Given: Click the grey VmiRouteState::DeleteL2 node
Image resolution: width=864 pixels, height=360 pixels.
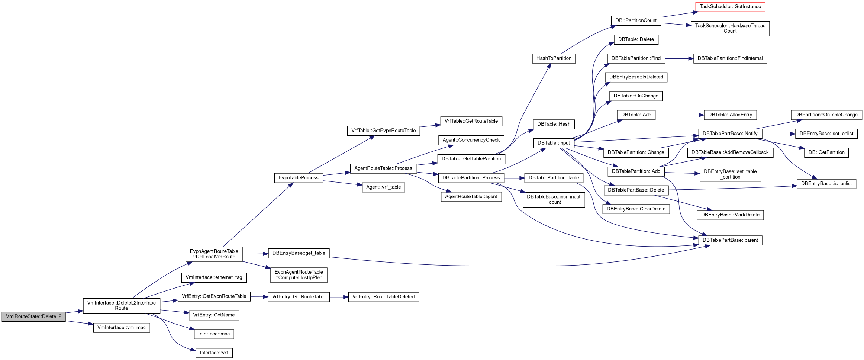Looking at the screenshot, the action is click(33, 316).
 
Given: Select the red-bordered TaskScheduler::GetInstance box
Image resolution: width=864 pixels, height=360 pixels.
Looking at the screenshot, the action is click(730, 7).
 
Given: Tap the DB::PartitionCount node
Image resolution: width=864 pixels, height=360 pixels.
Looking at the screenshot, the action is click(636, 20).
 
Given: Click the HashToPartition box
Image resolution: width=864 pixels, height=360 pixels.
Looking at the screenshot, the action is click(554, 58).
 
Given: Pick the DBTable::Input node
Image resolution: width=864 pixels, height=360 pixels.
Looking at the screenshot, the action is click(554, 143).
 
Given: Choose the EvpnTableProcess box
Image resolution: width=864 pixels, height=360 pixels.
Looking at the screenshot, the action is click(299, 178).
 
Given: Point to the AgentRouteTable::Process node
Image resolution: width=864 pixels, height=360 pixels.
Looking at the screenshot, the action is click(383, 168).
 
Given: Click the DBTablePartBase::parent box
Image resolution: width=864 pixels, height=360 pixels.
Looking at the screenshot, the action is click(730, 240).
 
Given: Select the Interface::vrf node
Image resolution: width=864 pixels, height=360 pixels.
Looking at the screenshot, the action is click(214, 353).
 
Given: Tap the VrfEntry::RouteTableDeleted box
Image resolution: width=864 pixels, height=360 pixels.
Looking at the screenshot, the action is click(383, 297).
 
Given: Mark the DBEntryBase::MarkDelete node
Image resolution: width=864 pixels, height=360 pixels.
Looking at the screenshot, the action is click(730, 215).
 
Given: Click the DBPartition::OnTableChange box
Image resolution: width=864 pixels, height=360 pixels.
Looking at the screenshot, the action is click(826, 115).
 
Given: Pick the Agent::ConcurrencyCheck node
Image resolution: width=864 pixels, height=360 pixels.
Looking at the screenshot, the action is click(471, 140).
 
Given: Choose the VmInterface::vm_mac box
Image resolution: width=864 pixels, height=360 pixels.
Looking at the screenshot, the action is click(122, 328).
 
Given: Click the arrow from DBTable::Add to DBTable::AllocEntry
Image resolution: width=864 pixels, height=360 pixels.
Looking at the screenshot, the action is click(680, 115).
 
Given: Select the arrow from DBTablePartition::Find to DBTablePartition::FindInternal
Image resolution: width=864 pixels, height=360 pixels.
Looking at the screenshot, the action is click(679, 58).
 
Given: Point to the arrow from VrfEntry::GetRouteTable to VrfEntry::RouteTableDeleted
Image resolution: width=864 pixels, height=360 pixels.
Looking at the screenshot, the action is click(339, 297).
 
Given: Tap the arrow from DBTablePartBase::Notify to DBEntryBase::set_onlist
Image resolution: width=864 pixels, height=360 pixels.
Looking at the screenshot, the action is click(778, 134).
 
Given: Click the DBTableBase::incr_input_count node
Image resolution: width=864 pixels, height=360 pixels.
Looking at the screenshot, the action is click(554, 200).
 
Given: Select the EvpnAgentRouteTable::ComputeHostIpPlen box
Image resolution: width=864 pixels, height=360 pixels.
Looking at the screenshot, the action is click(299, 275).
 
